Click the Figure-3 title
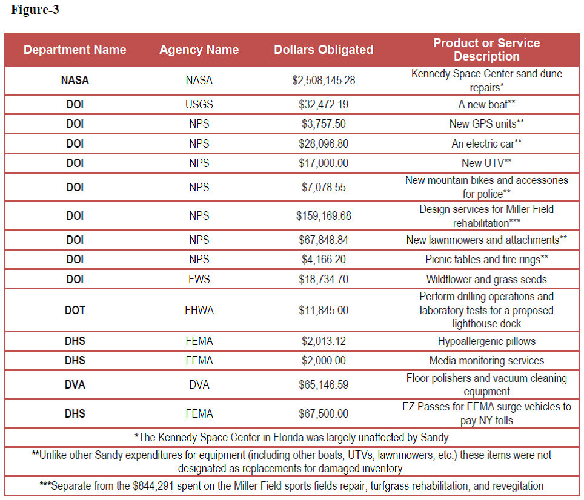35,10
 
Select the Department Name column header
75,50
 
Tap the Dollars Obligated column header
324,50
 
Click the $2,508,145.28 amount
324,80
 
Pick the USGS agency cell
199,104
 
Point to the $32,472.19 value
324,104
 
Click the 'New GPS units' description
486,123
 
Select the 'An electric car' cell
486,143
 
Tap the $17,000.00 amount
324,163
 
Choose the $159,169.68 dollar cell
324,215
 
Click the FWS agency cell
199,279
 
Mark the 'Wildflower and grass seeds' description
486,279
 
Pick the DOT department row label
75,310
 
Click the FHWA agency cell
199,310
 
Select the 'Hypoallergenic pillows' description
486,341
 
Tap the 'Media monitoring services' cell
486,361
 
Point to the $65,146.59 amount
324,384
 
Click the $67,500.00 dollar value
324,413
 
